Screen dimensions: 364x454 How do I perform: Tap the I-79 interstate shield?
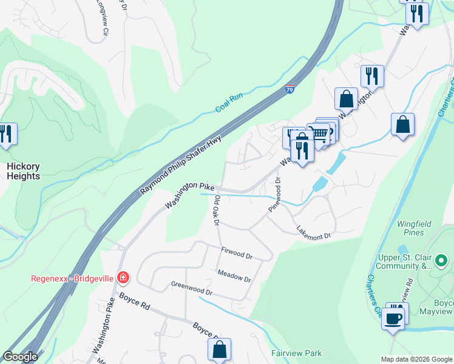click(291, 89)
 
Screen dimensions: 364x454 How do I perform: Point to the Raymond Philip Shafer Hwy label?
click(181, 165)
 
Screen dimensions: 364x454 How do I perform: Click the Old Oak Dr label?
click(215, 210)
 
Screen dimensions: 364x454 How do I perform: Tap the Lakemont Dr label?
click(313, 231)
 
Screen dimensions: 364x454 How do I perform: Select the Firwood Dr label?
click(237, 253)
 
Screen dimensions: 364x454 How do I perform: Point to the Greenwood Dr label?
click(191, 288)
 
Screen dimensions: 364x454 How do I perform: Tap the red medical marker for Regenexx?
click(123, 278)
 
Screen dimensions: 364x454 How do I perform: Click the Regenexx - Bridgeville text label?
click(72, 278)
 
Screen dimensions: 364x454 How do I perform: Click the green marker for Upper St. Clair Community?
click(441, 261)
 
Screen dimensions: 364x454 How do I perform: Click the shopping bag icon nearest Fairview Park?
click(219, 349)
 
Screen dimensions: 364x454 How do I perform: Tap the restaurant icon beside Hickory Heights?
click(7, 134)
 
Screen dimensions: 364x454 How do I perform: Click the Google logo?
click(20, 357)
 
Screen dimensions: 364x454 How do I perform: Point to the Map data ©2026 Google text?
click(416, 359)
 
